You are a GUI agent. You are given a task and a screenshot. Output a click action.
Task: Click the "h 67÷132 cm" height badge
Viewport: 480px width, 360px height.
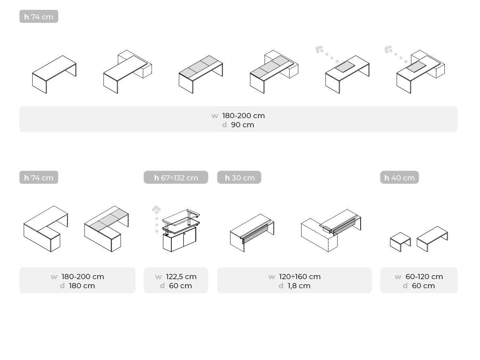coord(176,178)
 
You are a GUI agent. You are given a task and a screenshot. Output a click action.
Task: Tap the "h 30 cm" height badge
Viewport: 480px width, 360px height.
coord(239,178)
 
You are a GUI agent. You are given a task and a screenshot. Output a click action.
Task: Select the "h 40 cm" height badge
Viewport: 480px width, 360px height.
coord(399,178)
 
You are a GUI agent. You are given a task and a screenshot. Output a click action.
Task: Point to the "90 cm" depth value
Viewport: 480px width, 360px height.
coord(242,125)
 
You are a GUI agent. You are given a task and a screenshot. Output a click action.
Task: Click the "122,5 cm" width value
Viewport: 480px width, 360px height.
coord(181,277)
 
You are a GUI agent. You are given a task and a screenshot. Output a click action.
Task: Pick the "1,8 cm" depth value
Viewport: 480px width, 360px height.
coord(299,286)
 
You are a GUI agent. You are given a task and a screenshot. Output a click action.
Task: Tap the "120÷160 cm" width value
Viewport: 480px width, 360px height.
coord(300,277)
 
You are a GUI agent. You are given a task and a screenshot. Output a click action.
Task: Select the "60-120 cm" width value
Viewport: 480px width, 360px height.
coord(424,277)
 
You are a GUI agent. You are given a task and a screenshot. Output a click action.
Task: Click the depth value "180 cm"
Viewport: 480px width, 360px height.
coord(82,286)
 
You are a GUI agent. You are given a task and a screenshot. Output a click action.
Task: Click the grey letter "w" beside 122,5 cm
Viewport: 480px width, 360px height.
coord(158,277)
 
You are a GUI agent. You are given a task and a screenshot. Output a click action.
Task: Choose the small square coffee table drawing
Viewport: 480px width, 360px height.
coord(400,241)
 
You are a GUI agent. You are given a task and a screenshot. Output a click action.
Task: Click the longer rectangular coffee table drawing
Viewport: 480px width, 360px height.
coord(432,239)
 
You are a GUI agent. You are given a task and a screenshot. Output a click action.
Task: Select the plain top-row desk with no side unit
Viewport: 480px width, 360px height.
coord(54,74)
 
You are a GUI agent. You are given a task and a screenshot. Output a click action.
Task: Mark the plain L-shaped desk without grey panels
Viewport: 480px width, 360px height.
coord(46,229)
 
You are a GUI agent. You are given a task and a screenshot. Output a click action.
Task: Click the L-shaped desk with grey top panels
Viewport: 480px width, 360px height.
coord(106,229)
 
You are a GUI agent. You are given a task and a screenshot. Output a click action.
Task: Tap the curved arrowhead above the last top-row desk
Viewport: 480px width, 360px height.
coord(388,50)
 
